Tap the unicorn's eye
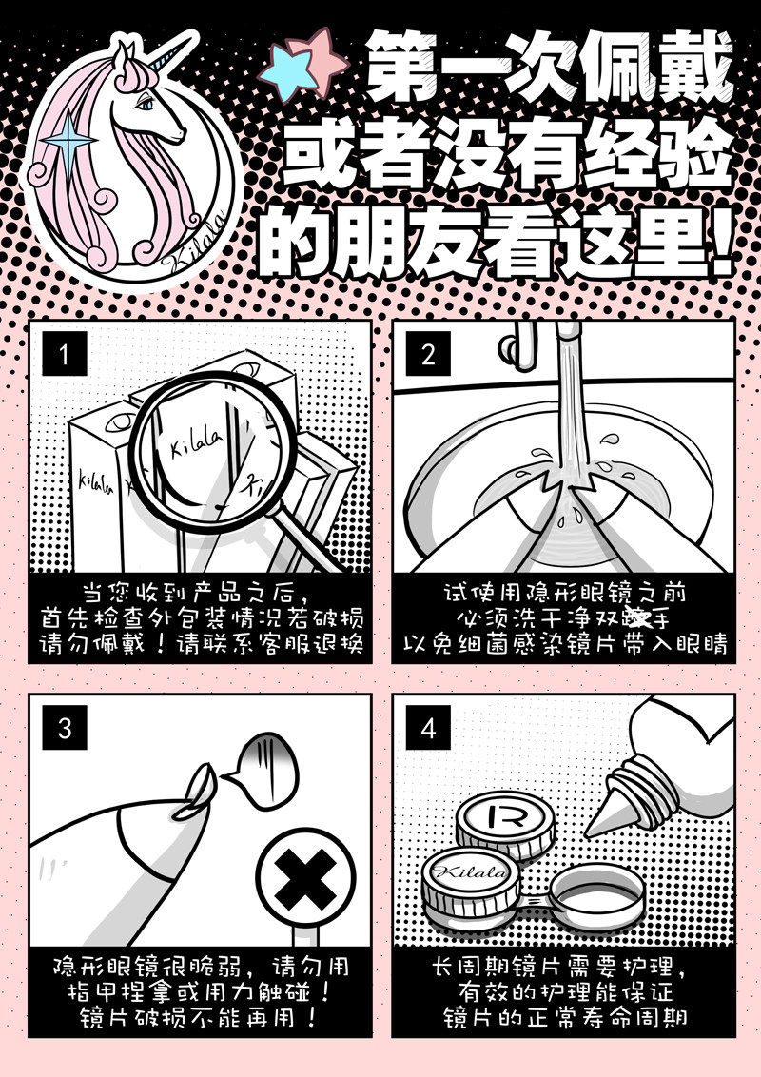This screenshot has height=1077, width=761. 146,103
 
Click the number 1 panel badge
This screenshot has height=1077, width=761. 65,354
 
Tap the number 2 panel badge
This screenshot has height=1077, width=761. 428,354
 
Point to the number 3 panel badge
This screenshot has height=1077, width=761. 65,728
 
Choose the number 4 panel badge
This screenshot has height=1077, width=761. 428,728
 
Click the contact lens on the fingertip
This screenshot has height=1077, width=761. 195,792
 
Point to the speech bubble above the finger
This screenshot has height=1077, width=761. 264,770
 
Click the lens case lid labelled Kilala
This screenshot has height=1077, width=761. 470,882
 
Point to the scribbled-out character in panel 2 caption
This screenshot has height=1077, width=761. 635,618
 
